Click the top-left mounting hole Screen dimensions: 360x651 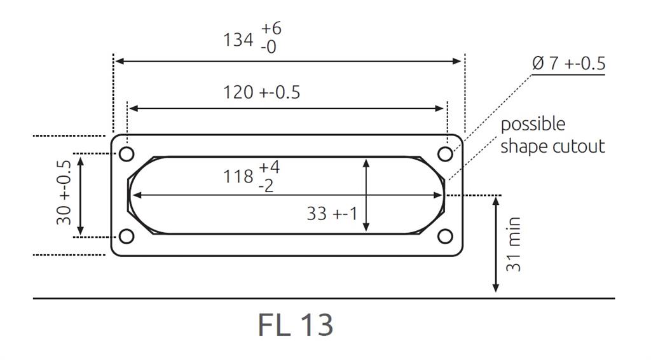[127, 154]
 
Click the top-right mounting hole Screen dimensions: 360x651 [446, 154]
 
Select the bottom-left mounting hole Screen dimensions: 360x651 [127, 237]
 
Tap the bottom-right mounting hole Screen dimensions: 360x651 [446, 237]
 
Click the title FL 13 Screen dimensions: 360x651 [296, 324]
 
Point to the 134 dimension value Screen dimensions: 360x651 [238, 39]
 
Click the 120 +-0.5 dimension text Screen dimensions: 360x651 [261, 92]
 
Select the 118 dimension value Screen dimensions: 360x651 [238, 176]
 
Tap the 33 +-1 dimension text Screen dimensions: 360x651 [332, 214]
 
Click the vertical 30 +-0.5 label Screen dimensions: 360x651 [64, 197]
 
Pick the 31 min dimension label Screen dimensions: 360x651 [514, 245]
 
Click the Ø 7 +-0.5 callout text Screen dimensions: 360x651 [568, 64]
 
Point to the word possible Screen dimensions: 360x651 [533, 124]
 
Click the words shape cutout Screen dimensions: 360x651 [552, 146]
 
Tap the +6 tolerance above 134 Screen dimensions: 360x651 [271, 29]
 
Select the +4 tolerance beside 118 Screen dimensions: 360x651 [269, 168]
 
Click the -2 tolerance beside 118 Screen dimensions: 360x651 [266, 186]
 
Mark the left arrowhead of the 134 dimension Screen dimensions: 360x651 [118, 61]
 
